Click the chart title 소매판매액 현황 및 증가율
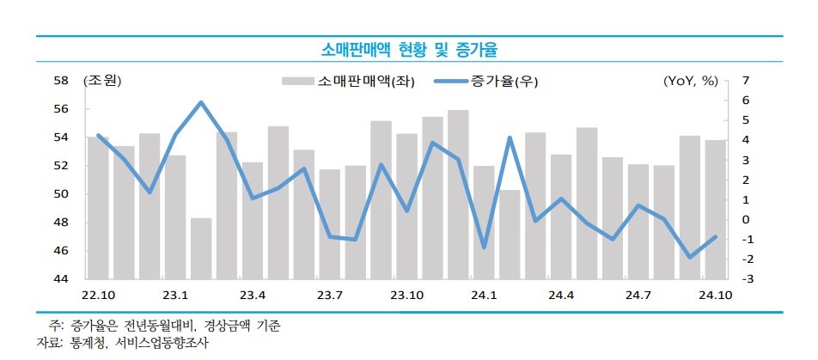click(x=408, y=48)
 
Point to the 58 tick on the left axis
click(x=61, y=81)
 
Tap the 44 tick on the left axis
click(x=61, y=279)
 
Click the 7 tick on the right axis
click(x=746, y=81)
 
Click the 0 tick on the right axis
click(x=746, y=220)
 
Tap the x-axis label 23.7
click(x=329, y=296)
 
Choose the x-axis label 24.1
click(x=484, y=296)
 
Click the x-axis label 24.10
click(x=716, y=296)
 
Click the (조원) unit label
click(x=102, y=81)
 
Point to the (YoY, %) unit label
click(x=690, y=81)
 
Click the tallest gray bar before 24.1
click(x=458, y=193)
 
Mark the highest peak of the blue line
click(x=201, y=102)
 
